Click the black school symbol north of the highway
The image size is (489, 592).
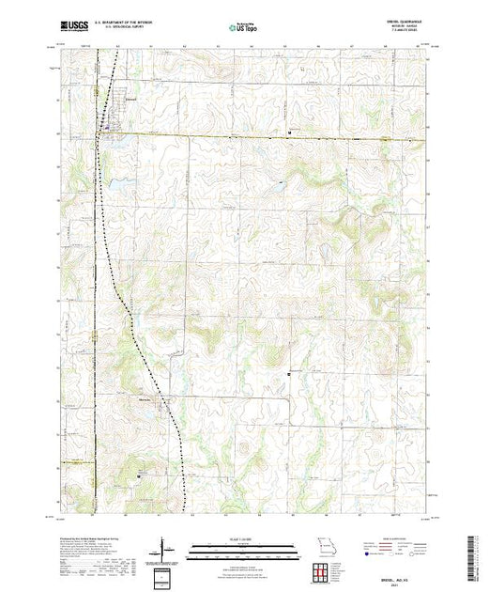pyautogui.click(x=290, y=132)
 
